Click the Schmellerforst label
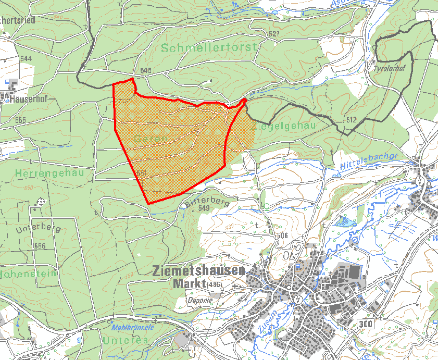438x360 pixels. point(209,48)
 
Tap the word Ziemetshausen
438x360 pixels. point(199,271)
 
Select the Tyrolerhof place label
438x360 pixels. point(385,68)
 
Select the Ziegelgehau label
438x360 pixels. point(284,127)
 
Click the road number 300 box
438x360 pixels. point(366,324)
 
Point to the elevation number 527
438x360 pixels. point(274,34)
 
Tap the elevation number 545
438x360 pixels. point(146,70)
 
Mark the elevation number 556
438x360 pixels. point(40,246)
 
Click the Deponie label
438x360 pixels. point(198,301)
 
